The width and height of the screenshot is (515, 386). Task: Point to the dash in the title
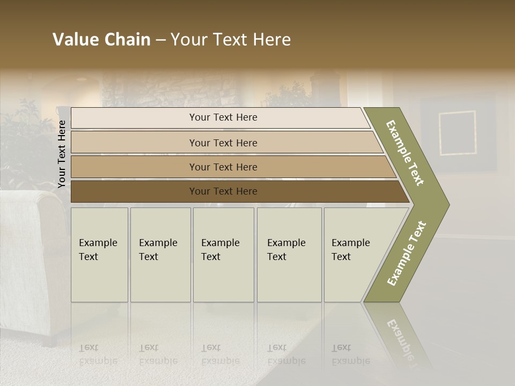click(160, 40)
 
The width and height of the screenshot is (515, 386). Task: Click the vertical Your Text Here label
click(62, 154)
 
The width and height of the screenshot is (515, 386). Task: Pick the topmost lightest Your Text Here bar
click(223, 118)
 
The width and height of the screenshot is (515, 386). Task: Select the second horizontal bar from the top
click(223, 143)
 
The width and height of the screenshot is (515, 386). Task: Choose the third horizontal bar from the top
click(223, 167)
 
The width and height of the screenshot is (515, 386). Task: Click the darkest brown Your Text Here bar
click(223, 191)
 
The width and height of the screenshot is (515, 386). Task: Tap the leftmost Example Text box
click(99, 255)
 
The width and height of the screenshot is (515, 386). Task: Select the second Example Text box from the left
click(160, 255)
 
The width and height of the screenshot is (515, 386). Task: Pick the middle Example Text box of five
click(223, 255)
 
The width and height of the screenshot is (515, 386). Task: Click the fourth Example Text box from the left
click(289, 255)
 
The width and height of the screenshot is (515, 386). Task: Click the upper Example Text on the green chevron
click(405, 153)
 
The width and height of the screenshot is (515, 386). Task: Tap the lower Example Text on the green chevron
click(407, 254)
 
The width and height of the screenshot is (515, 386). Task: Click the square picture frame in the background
click(457, 132)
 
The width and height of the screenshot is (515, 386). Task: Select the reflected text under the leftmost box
click(98, 354)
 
